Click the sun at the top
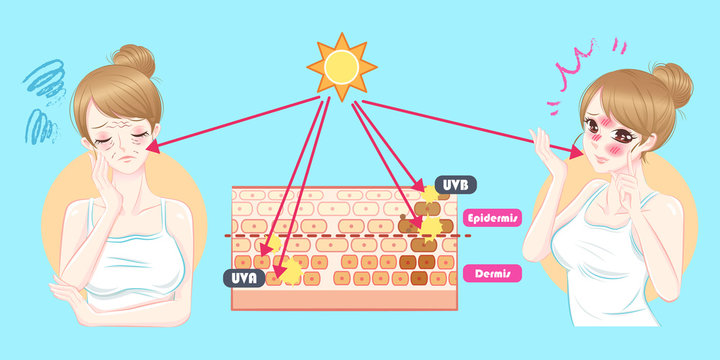point(343,66)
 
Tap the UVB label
point(456,185)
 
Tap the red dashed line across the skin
point(350,236)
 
